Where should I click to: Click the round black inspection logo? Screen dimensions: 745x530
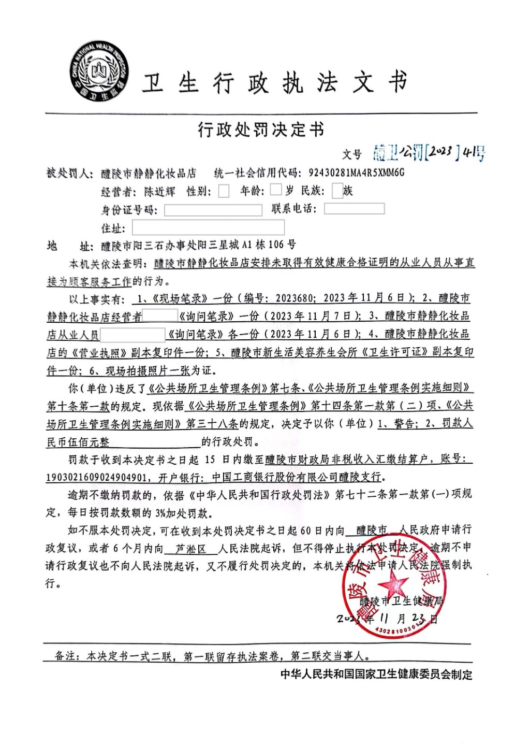click(x=100, y=73)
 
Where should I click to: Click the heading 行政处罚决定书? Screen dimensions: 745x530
click(x=261, y=130)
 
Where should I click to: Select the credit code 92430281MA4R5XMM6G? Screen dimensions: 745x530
click(x=356, y=173)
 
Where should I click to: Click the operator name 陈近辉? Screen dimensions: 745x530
click(x=160, y=192)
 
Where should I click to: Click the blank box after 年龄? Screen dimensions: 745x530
click(x=276, y=190)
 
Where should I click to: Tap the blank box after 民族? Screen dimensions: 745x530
click(x=337, y=191)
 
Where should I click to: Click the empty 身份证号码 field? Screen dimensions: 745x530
click(x=213, y=210)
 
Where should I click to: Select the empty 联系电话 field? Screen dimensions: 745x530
click(x=354, y=209)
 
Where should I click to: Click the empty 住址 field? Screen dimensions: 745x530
click(x=208, y=227)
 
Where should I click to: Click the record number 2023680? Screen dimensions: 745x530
click(x=295, y=298)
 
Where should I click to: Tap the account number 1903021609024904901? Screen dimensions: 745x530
click(x=97, y=477)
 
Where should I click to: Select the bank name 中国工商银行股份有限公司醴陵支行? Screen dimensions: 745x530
click(x=296, y=477)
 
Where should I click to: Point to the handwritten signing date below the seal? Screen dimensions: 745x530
click(x=387, y=619)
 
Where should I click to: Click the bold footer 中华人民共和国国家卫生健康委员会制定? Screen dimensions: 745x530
click(x=376, y=674)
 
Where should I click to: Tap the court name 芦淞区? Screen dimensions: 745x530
click(x=190, y=548)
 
